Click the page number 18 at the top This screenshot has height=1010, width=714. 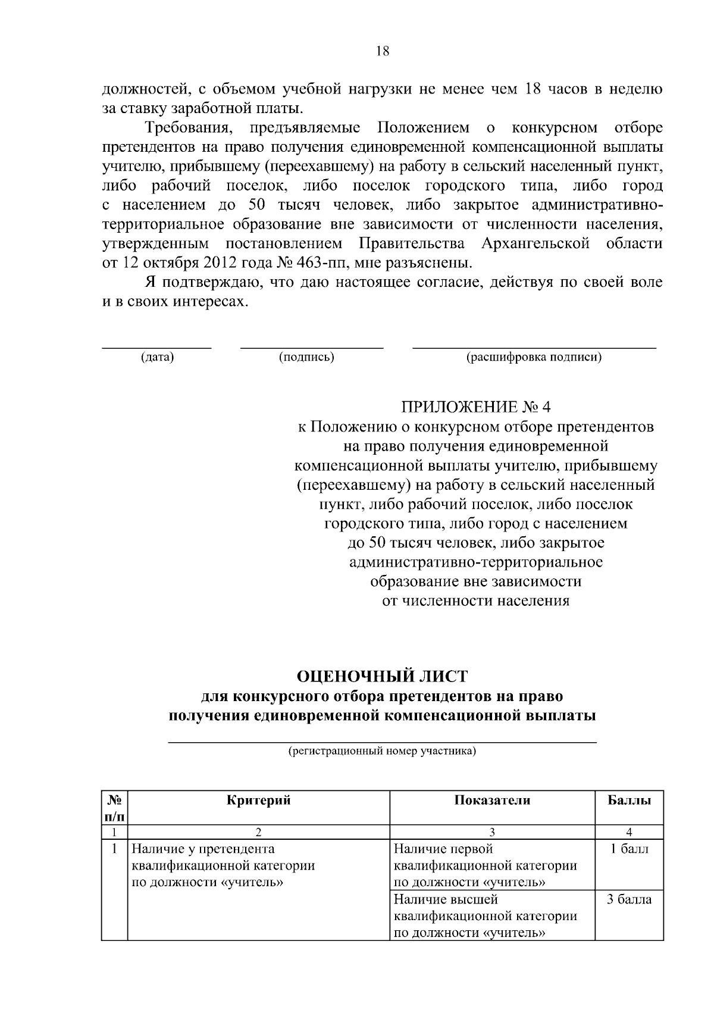(383, 51)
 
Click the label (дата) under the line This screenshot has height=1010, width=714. (157, 357)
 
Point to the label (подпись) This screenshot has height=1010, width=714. (306, 357)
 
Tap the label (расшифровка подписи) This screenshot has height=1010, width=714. (534, 357)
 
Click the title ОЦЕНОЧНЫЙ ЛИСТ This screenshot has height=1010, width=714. (382, 676)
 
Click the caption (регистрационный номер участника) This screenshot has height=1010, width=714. (382, 751)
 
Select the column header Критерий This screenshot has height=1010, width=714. (259, 800)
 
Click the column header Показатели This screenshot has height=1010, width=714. (492, 800)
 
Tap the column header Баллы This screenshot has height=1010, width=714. (629, 800)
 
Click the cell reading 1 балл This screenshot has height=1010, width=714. (629, 849)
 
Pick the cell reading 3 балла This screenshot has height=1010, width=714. (629, 899)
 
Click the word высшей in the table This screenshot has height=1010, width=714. (478, 899)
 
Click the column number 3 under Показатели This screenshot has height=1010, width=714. (492, 832)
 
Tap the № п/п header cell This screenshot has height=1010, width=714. (114, 807)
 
